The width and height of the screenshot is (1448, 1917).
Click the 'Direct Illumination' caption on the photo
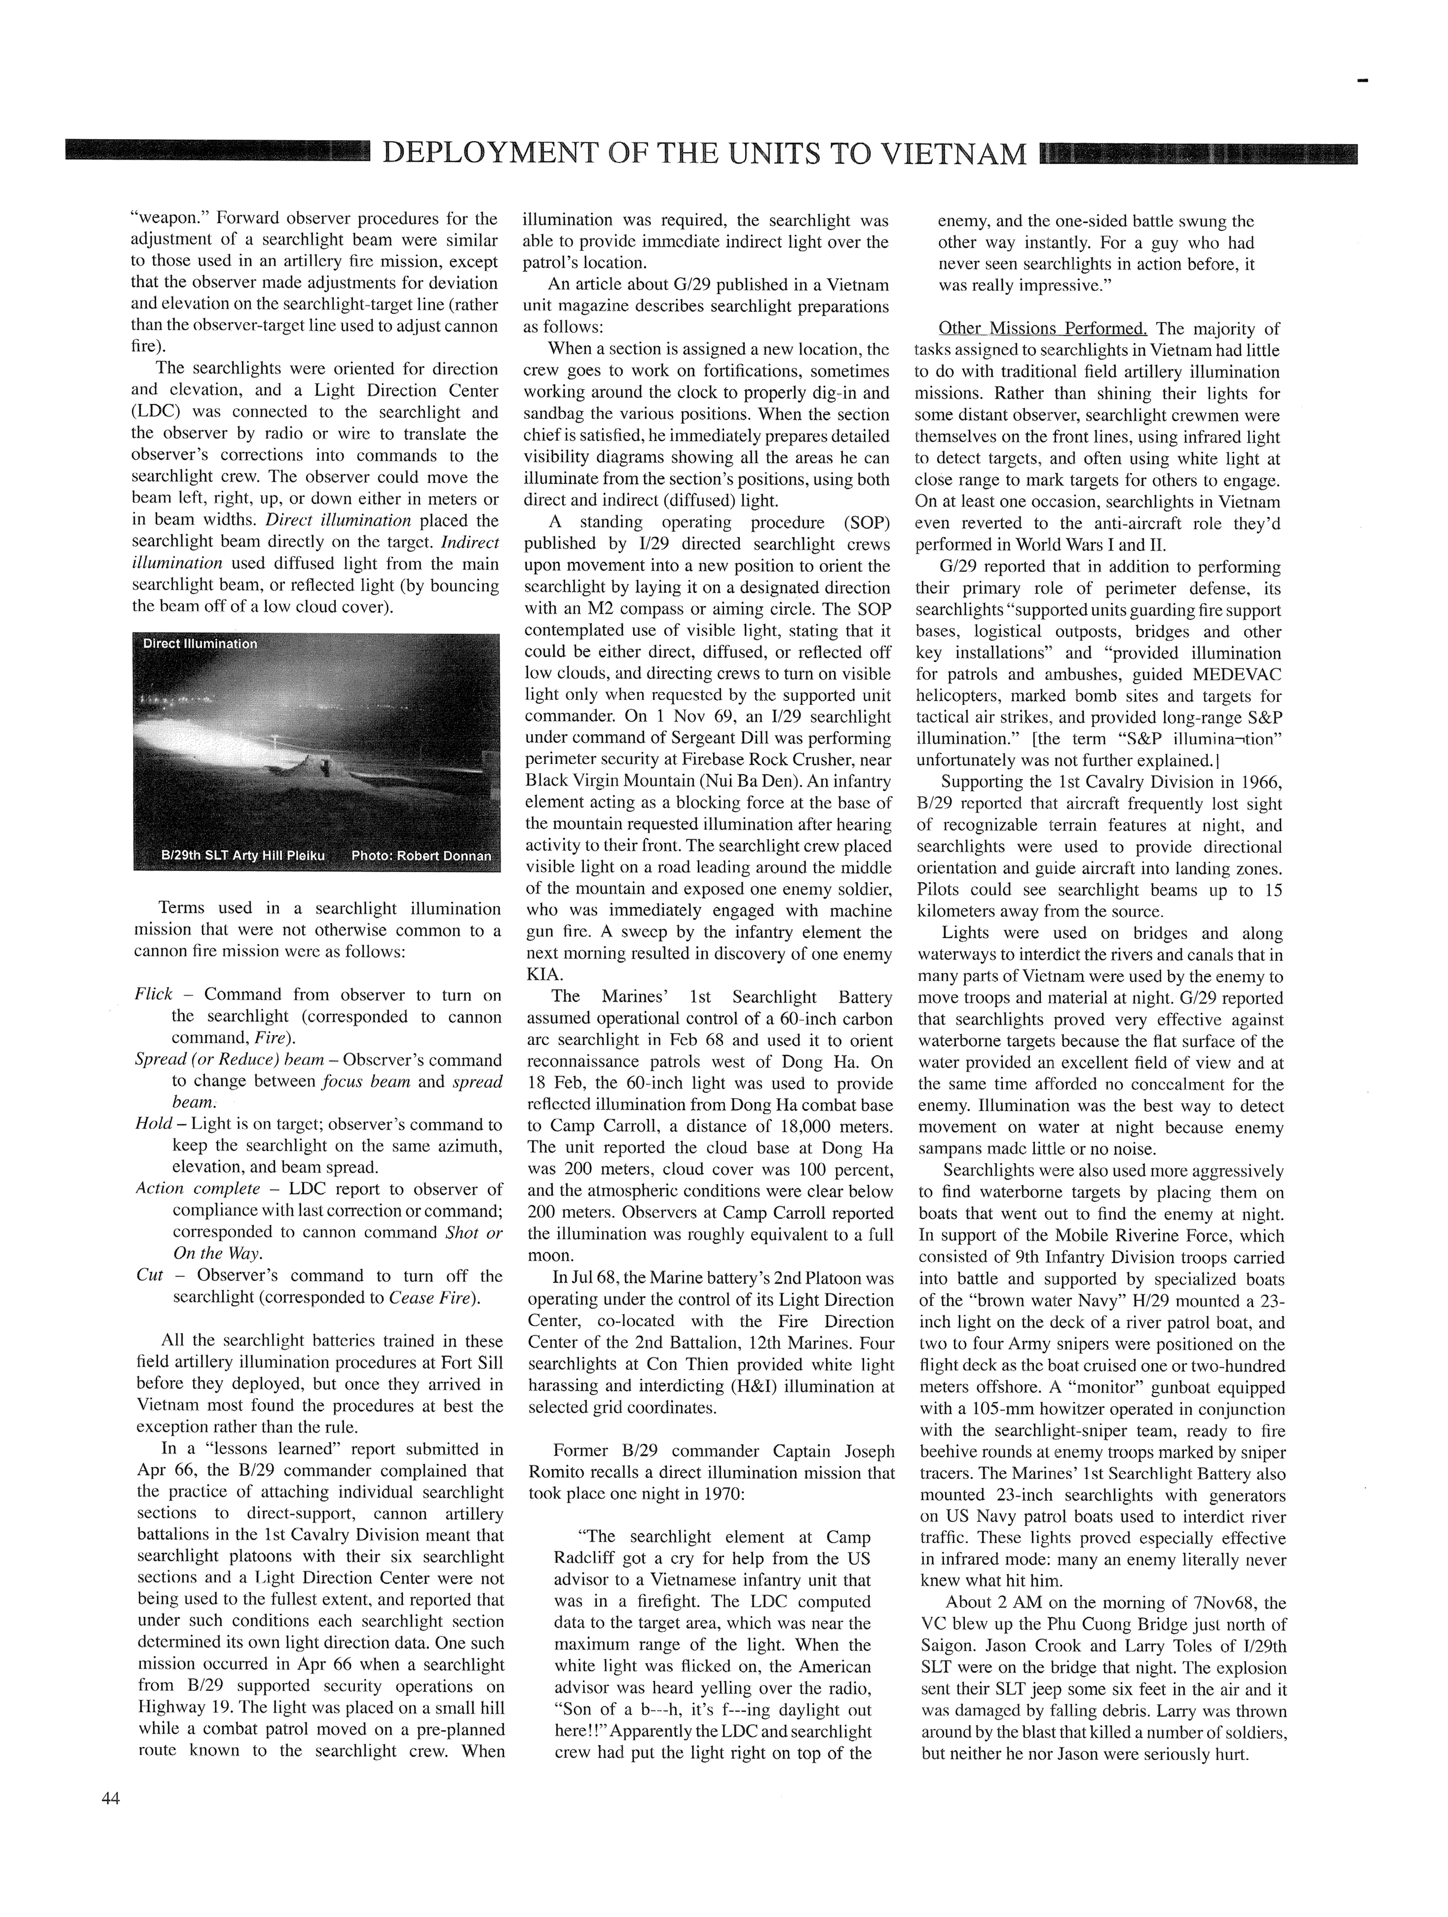[200, 644]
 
